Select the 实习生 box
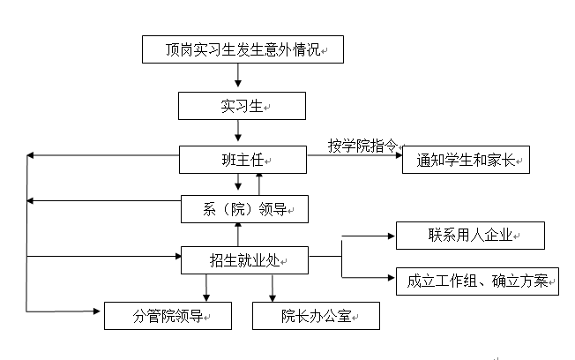tap(242, 106)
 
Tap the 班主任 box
tap(242, 160)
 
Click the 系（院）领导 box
tap(243, 208)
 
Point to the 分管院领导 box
tap(168, 315)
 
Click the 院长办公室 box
tap(317, 315)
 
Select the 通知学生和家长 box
tap(466, 160)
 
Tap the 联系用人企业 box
tap(470, 236)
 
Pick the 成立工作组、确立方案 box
tap(477, 281)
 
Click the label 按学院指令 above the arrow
tap(362, 145)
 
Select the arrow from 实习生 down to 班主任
tap(238, 132)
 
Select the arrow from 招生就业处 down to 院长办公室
tap(272, 288)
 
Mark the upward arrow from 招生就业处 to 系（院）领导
tap(238, 234)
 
